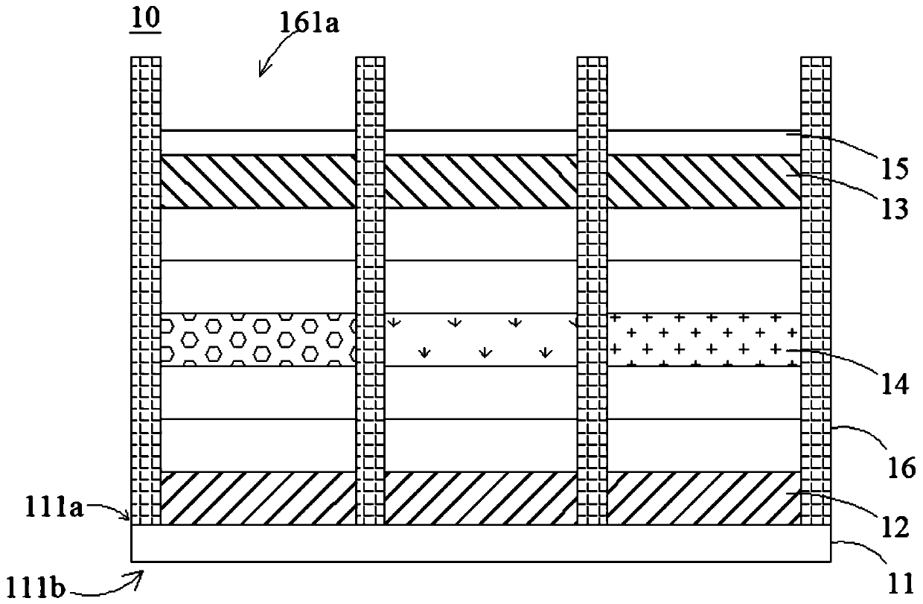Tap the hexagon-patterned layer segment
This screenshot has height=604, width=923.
tap(258, 339)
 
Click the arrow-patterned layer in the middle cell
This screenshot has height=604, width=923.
tap(481, 339)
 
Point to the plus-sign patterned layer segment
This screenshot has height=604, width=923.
tap(704, 339)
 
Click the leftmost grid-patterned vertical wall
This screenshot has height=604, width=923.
tap(146, 290)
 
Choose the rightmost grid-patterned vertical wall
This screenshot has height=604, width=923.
tap(814, 290)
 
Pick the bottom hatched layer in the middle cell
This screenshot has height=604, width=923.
tap(481, 497)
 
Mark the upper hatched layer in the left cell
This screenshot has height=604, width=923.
tap(258, 181)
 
